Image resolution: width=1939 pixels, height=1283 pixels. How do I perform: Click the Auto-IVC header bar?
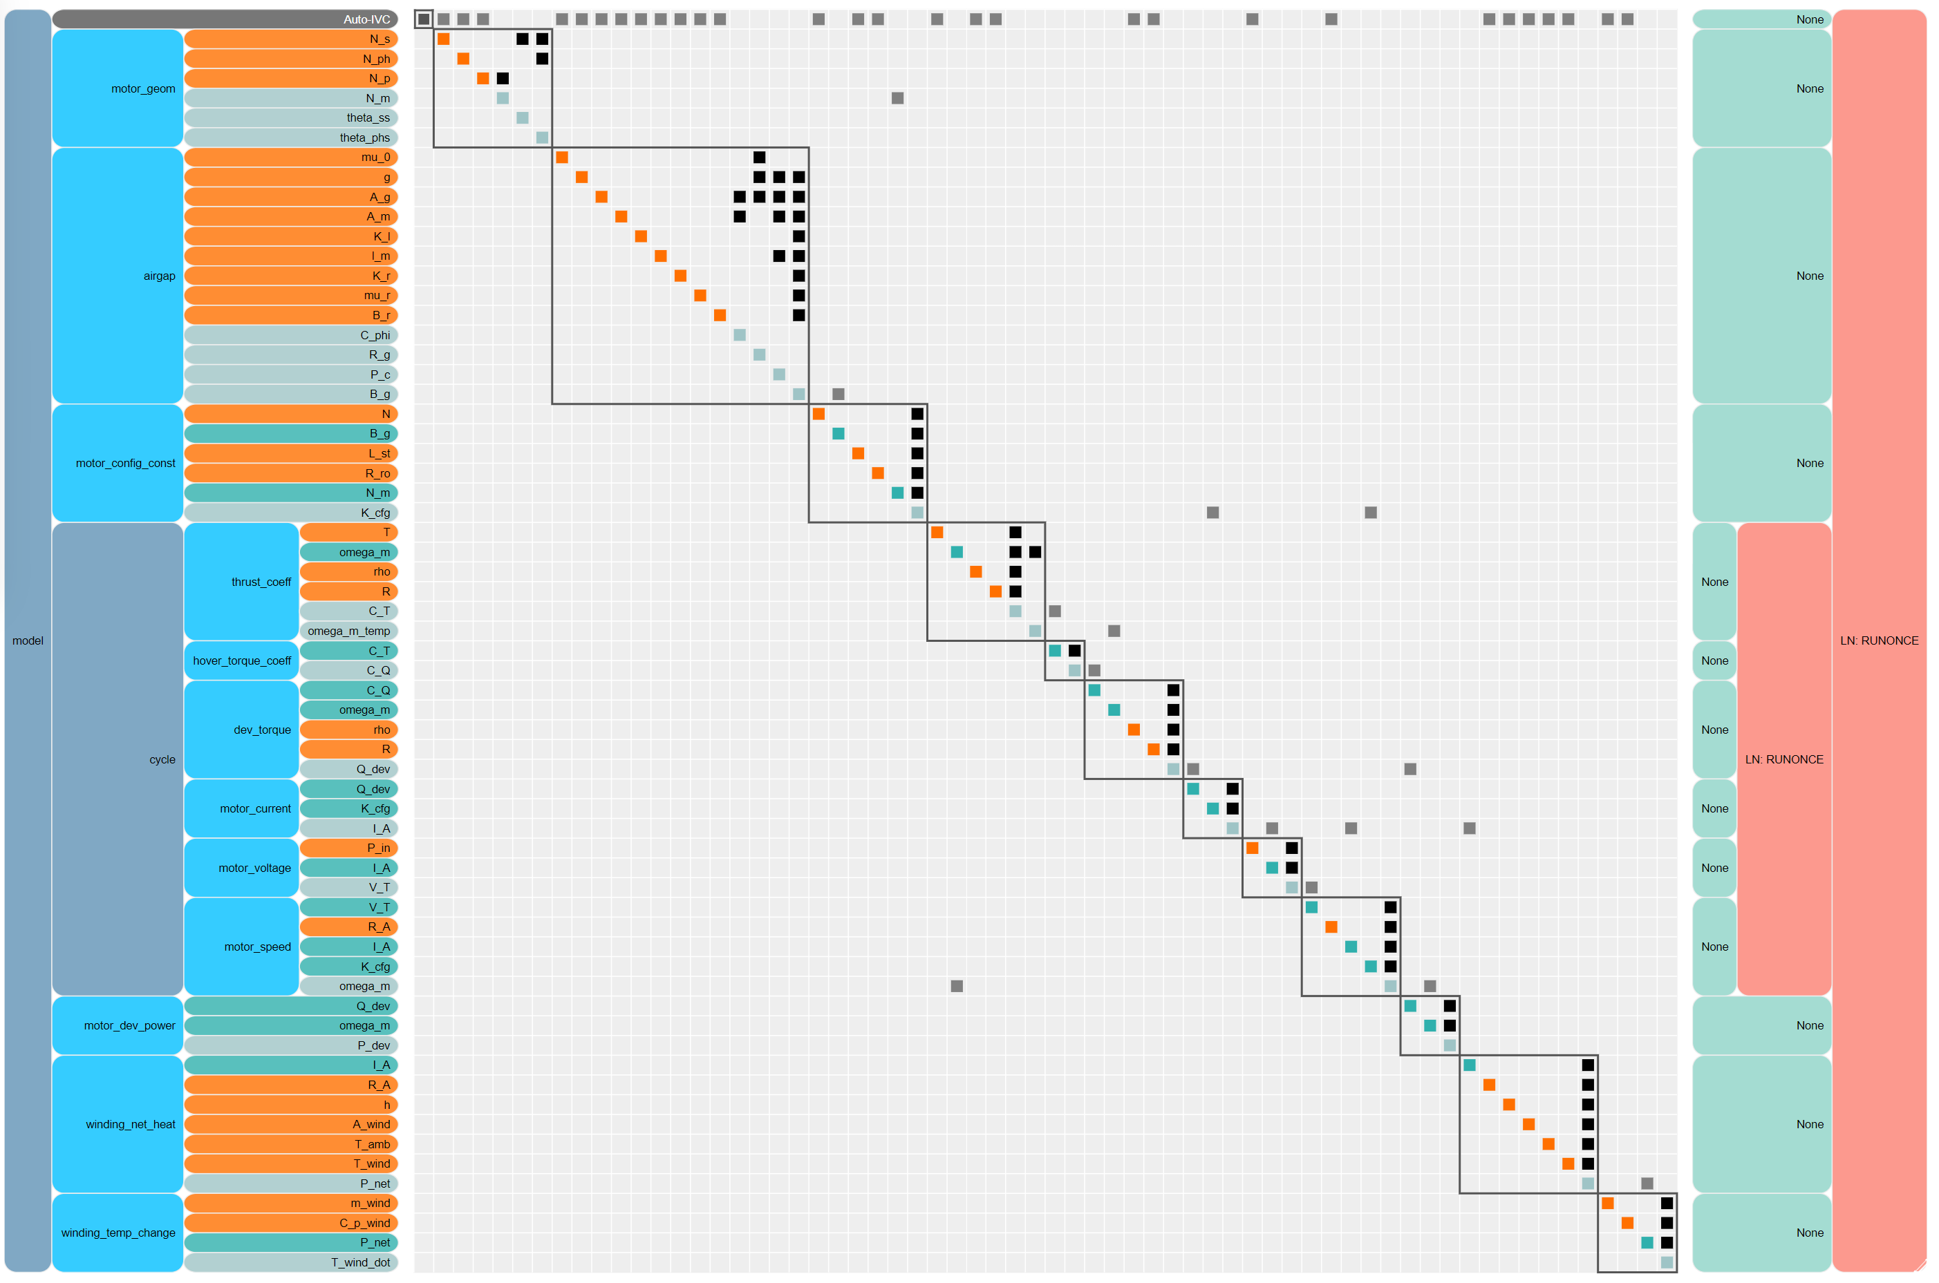(x=225, y=19)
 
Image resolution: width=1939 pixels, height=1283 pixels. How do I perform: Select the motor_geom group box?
(x=117, y=88)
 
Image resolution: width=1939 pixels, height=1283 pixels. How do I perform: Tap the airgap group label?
(x=159, y=276)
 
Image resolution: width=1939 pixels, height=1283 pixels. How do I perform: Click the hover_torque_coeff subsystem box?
(x=241, y=660)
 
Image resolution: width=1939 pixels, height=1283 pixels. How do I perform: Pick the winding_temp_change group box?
(x=117, y=1233)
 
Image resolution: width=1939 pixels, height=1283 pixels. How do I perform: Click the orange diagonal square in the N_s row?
(x=444, y=39)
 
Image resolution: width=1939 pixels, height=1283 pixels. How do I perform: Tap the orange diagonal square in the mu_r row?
(x=700, y=296)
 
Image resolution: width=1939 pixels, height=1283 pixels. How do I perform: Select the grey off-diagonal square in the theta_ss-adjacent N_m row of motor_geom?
(x=897, y=98)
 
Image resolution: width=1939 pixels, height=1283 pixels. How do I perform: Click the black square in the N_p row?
(x=503, y=79)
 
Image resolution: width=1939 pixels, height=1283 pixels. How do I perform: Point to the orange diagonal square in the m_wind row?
(x=1607, y=1203)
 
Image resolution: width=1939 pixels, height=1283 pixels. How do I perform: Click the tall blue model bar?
(x=28, y=640)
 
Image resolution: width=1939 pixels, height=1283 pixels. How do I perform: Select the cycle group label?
(x=162, y=759)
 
